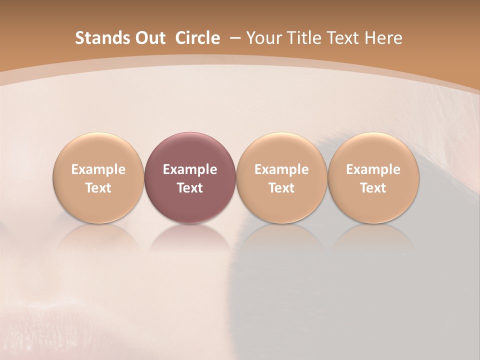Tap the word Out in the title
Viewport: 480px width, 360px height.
[x=148, y=38]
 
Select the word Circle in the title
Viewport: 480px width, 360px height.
[x=197, y=38]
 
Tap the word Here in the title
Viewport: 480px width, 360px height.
[x=383, y=38]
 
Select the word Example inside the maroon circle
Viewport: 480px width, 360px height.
[x=190, y=169]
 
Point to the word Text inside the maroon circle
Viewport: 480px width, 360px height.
[x=190, y=188]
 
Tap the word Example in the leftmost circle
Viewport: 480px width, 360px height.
[x=98, y=169]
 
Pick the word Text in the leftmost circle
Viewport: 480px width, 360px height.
[x=98, y=188]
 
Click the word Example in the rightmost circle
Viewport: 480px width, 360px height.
[x=373, y=169]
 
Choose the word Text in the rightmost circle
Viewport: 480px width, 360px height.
[x=373, y=188]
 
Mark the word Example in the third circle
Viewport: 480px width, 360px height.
[x=281, y=169]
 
